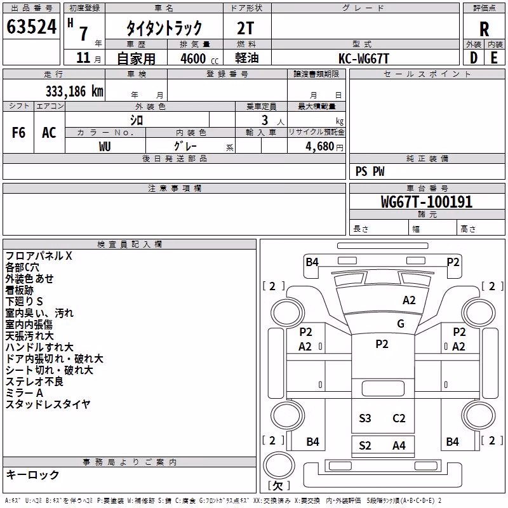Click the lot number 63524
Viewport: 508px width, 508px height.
tap(31, 27)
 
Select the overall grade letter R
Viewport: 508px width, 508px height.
tap(484, 29)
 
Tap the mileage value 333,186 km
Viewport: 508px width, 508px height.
tap(74, 91)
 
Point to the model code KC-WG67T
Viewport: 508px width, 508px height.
tap(363, 58)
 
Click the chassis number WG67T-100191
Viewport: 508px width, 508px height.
tap(427, 202)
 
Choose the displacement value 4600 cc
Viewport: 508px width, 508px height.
tap(199, 58)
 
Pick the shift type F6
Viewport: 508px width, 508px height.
tap(18, 133)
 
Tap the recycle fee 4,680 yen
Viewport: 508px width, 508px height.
tap(324, 147)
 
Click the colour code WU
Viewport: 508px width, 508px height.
tap(105, 147)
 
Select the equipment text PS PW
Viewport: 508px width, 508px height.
tap(370, 171)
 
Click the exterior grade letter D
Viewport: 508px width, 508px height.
tap(474, 58)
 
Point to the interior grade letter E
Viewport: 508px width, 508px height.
tap(494, 58)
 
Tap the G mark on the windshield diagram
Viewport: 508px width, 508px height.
tap(401, 324)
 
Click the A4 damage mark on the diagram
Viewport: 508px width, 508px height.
tap(399, 446)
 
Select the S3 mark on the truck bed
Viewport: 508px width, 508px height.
tap(364, 418)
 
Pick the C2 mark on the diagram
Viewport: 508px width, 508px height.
tap(399, 418)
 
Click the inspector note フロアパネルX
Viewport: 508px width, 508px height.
tap(39, 256)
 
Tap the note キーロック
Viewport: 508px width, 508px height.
tap(32, 474)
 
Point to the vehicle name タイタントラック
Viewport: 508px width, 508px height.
tap(164, 28)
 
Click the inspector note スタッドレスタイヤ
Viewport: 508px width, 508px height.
tap(48, 404)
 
